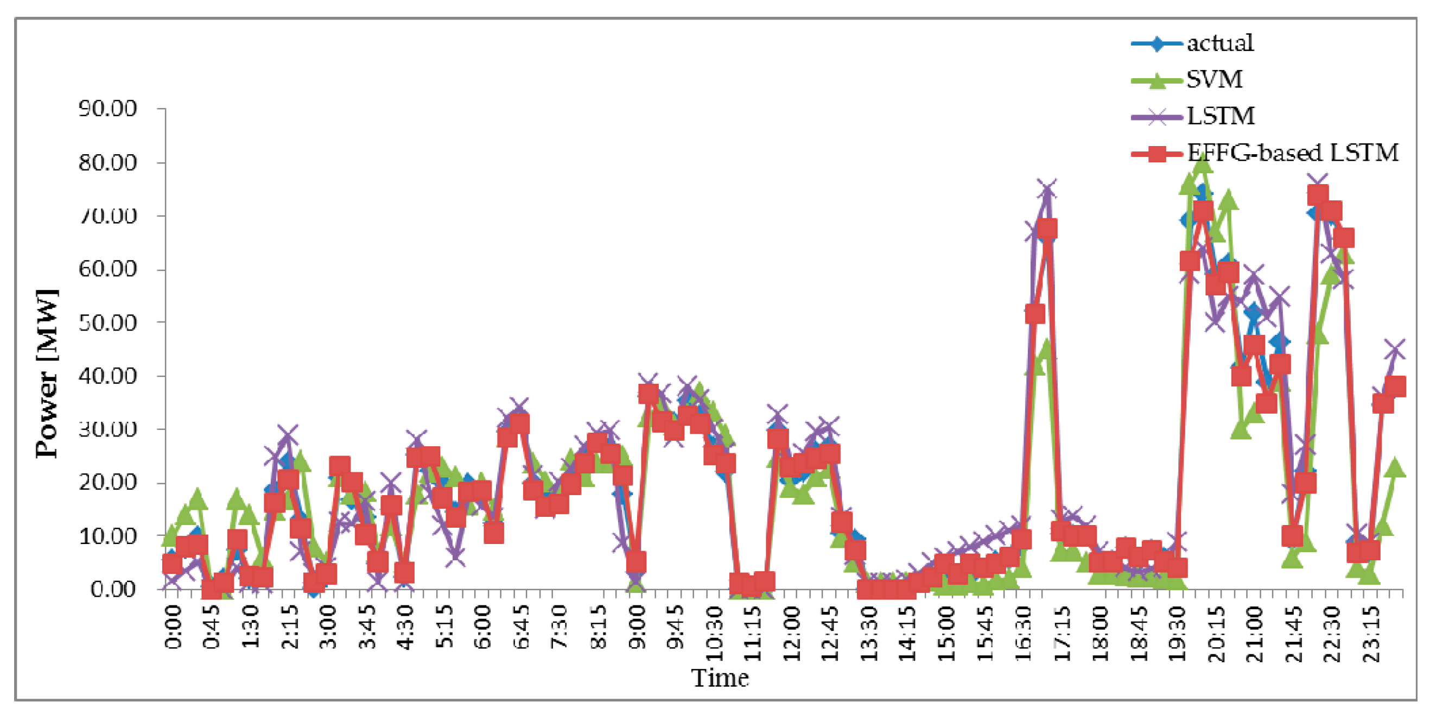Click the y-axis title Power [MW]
click(47, 374)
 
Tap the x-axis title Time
click(720, 678)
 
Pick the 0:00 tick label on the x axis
click(173, 627)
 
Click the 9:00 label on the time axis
click(637, 627)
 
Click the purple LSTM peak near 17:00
click(1047, 190)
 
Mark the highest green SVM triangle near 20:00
click(1203, 163)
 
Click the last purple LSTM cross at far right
click(1395, 350)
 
